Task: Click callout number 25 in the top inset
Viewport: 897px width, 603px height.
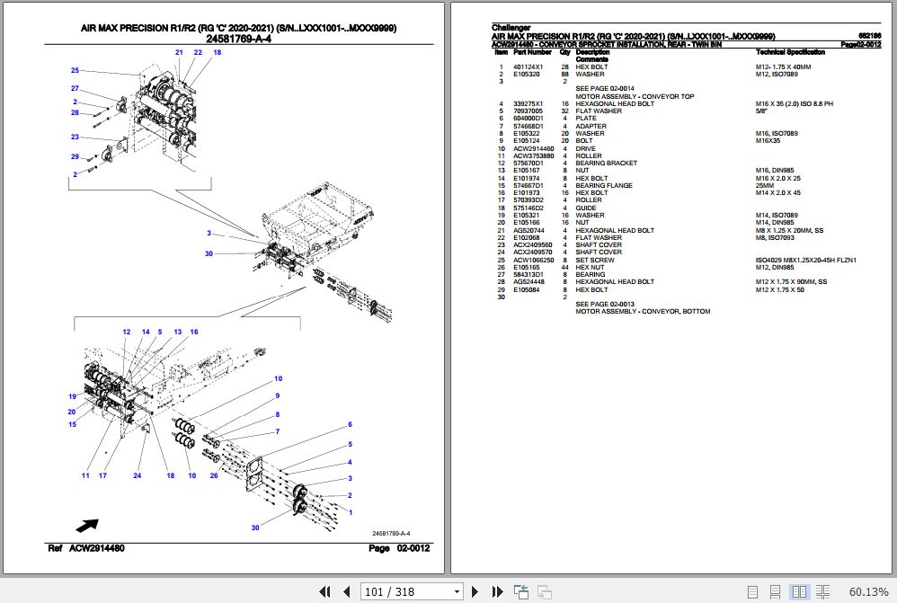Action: coord(75,70)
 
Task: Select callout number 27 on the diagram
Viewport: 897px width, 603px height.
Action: coord(75,88)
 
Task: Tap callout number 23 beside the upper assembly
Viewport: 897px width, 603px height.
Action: coord(75,137)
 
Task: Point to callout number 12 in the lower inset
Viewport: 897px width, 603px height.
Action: coord(126,332)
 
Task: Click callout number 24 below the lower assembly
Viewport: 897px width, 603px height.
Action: coord(138,475)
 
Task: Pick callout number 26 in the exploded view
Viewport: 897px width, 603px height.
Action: coord(214,475)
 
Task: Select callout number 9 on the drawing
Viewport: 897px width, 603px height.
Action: coord(278,396)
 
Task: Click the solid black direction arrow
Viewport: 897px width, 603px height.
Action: coord(87,525)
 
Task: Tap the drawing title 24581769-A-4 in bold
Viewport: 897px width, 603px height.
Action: coord(239,39)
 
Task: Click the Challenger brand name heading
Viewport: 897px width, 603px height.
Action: coord(511,28)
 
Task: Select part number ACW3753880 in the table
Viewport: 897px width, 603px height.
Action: coord(528,155)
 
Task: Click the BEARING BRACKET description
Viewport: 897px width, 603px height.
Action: coord(606,163)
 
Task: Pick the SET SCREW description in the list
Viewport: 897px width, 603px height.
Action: coord(595,260)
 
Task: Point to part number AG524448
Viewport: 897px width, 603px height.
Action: coord(528,282)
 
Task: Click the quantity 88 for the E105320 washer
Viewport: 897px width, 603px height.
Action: coord(564,75)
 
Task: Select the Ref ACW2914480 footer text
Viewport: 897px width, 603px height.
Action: coord(86,548)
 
